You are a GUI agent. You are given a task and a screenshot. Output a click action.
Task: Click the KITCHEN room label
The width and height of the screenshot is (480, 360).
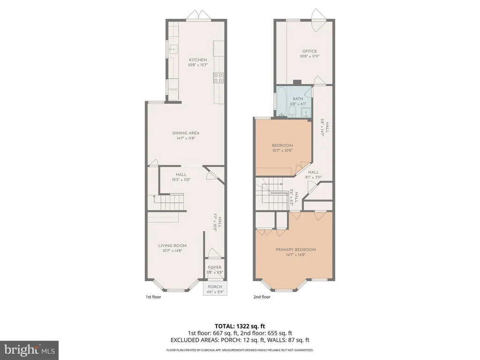(197, 60)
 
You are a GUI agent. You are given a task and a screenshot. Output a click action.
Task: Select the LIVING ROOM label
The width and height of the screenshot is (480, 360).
(172, 246)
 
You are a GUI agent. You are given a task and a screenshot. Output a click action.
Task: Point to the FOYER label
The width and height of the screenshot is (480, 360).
(215, 268)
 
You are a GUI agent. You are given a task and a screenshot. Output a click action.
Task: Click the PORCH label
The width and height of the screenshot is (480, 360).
(215, 287)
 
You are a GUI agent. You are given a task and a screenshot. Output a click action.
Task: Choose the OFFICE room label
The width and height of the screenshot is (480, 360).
(309, 52)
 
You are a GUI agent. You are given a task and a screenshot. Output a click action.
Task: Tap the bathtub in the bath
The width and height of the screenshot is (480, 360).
(282, 101)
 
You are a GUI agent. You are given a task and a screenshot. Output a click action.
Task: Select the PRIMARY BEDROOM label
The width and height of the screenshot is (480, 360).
(295, 249)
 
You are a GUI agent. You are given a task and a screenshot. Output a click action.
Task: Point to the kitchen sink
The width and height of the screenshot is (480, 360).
(173, 48)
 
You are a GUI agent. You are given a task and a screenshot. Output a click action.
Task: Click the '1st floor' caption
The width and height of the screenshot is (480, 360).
(153, 297)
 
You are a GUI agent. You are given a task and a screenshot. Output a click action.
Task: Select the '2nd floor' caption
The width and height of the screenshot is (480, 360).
(262, 297)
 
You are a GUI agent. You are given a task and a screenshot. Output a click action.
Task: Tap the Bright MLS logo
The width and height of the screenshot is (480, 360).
(29, 349)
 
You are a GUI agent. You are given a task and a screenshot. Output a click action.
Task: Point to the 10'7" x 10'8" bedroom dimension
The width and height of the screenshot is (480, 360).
(283, 150)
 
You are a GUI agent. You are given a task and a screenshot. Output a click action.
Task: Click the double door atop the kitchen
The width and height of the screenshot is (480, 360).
(196, 16)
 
